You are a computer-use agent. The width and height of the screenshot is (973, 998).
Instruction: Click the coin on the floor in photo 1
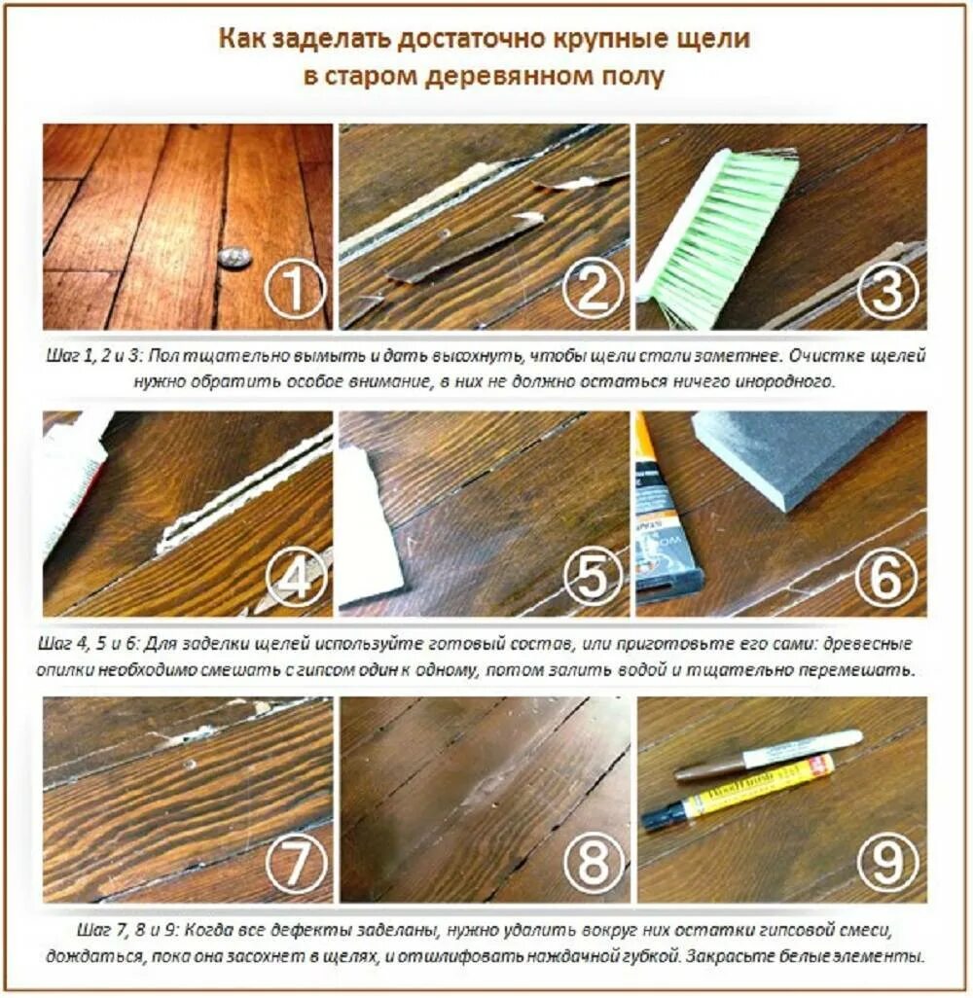tap(234, 257)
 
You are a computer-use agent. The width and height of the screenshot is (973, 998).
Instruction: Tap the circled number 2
tap(594, 289)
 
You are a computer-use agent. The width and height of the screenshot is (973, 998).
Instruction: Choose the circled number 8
tap(594, 864)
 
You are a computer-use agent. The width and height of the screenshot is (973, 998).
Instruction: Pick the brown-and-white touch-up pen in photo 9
tap(769, 754)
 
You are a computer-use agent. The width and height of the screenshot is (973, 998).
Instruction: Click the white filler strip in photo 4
tap(234, 496)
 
